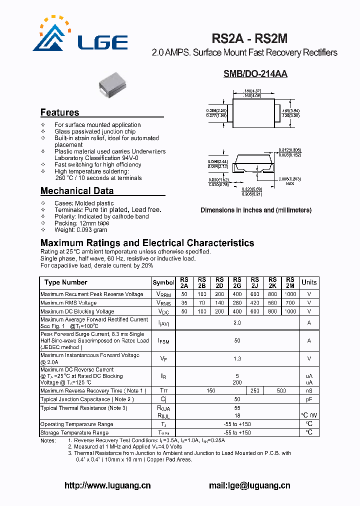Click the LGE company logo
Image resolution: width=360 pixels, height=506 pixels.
[80, 35]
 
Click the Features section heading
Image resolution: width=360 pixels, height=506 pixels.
[59, 112]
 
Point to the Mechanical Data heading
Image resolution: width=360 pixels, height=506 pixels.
[76, 190]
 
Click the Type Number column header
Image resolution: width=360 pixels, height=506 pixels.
[65, 282]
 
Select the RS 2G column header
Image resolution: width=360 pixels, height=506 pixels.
[237, 282]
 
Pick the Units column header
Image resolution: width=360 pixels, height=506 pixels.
[309, 282]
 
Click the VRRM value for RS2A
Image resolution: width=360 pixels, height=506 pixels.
[184, 294]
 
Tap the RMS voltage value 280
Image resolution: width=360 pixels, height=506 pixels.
[237, 303]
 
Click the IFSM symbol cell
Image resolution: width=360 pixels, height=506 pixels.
[163, 341]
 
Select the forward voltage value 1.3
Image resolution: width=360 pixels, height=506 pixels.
[237, 358]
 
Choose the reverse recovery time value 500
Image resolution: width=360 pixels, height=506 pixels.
[281, 390]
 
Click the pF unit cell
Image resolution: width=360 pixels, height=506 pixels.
[309, 399]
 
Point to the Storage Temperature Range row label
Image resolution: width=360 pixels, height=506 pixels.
[74, 432]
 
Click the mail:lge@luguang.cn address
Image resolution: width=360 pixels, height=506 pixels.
[249, 485]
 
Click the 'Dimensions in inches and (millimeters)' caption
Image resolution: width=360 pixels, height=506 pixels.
[256, 210]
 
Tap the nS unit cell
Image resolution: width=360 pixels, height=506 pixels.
[309, 390]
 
